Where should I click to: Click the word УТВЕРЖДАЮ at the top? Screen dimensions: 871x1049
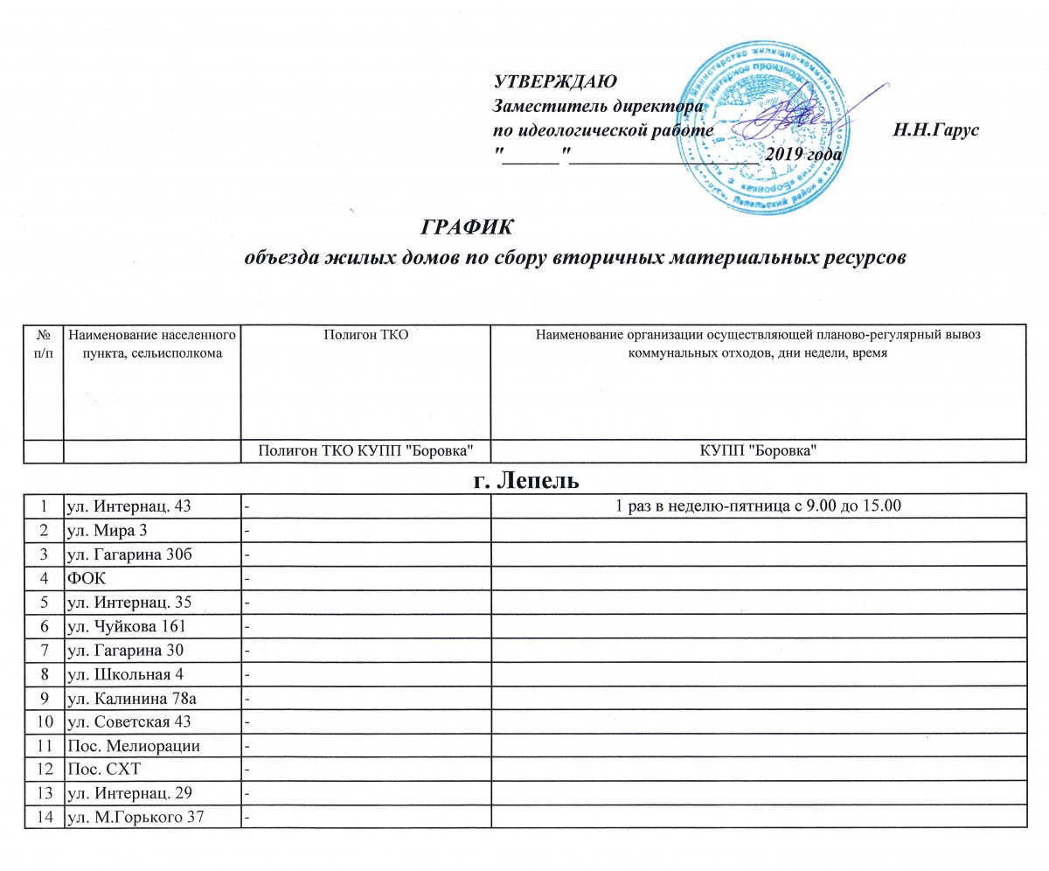point(555,83)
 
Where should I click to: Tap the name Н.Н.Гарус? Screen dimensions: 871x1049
point(934,131)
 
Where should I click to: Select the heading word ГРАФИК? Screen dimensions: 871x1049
point(468,226)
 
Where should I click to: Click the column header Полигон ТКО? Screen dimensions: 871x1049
point(366,333)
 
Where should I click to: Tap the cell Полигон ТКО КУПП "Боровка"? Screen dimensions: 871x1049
point(366,450)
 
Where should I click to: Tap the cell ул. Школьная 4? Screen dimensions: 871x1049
point(125,672)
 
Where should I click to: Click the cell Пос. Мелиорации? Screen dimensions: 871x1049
point(127,745)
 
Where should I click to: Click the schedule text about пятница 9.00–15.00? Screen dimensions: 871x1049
point(756,506)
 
